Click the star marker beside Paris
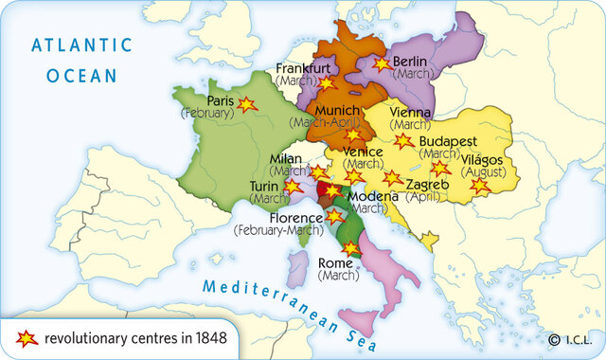247,104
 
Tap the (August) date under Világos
483,173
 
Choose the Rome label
336,263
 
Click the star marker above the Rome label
350,247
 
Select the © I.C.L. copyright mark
568,339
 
